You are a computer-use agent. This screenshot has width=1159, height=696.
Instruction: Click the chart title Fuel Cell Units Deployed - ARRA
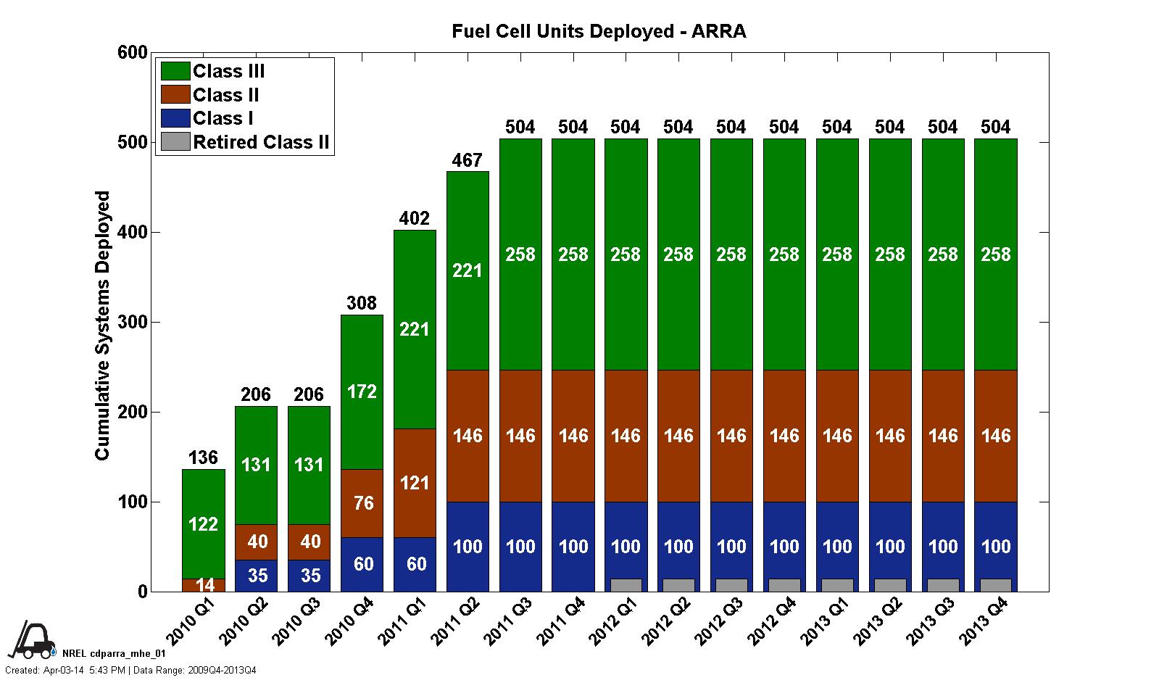pos(599,31)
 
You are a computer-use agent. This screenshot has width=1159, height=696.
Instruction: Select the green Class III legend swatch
pos(175,71)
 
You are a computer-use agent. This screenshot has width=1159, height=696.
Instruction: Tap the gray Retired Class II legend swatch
pos(175,142)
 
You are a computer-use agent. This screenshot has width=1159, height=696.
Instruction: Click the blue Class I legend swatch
pos(175,118)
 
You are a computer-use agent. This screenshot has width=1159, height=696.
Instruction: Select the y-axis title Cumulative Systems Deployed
pos(103,325)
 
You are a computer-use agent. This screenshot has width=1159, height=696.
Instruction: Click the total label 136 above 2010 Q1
pos(203,457)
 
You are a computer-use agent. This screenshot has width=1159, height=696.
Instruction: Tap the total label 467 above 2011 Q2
pos(467,160)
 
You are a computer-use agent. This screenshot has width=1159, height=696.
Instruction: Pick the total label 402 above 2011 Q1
pos(415,218)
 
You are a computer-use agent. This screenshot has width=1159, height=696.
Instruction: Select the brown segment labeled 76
pos(362,503)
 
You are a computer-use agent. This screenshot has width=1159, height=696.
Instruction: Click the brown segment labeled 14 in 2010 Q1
pos(203,585)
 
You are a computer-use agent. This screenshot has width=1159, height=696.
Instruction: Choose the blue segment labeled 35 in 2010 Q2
pos(257,576)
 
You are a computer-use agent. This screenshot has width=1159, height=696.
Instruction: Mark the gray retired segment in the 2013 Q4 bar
pos(995,585)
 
